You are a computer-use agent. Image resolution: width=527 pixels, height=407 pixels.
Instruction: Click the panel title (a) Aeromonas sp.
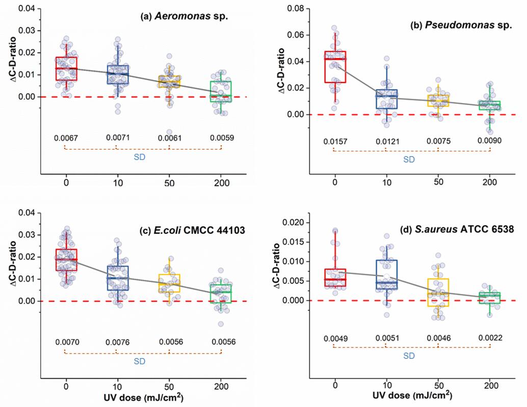click(x=184, y=16)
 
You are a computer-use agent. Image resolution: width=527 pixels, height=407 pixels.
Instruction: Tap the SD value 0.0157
click(x=334, y=141)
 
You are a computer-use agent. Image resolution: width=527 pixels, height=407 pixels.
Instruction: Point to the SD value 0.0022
click(x=490, y=338)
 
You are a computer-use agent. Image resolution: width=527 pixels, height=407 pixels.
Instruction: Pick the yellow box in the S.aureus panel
click(x=438, y=292)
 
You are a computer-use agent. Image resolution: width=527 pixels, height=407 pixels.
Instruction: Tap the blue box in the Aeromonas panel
click(x=117, y=74)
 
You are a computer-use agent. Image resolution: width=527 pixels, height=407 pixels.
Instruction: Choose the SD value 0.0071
click(x=117, y=138)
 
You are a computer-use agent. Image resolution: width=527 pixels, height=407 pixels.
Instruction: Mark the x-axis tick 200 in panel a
click(x=221, y=183)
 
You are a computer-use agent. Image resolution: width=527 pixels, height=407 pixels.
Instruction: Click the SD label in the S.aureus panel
click(x=409, y=356)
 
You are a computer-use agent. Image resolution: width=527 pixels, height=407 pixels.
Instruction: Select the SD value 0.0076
click(x=117, y=342)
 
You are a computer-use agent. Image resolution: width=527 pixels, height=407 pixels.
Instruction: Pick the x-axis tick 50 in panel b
click(x=438, y=183)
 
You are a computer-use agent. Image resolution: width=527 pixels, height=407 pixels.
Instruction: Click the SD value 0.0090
click(x=490, y=141)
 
